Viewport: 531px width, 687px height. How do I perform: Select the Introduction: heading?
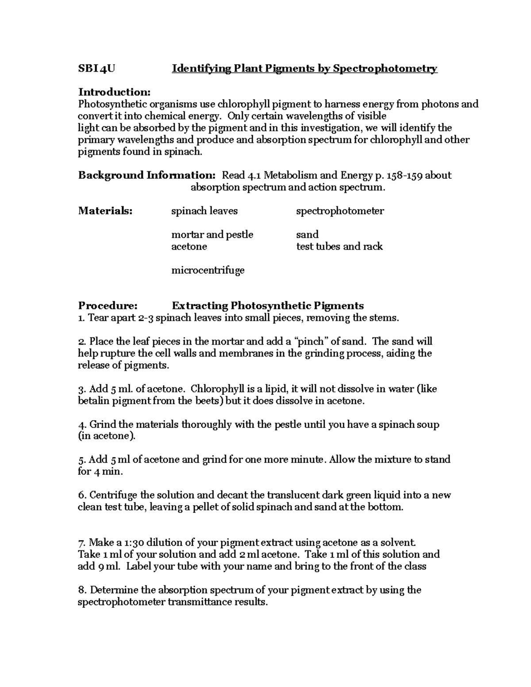[114, 92]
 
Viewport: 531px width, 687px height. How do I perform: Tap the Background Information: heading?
[147, 175]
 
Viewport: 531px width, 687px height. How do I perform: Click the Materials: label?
[105, 211]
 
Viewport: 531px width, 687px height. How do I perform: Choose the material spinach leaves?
[204, 211]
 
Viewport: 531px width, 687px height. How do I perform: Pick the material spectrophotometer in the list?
[340, 211]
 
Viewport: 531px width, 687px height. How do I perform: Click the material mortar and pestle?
[212, 234]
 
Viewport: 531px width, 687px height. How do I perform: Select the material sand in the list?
[307, 234]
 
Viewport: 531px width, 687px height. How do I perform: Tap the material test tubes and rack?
[339, 246]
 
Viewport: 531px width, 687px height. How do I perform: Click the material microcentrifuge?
[208, 270]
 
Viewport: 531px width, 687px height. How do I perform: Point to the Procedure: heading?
[108, 306]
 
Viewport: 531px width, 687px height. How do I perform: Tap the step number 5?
[81, 460]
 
